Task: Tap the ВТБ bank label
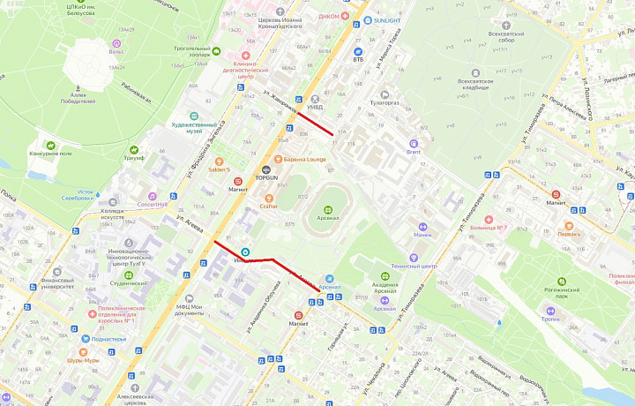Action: [x=358, y=60]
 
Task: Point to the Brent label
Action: [x=413, y=152]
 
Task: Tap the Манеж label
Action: [x=422, y=235]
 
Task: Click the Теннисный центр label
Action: [x=415, y=266]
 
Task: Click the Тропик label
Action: [x=550, y=319]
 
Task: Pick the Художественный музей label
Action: [x=194, y=127]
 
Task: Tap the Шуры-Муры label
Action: [x=85, y=360]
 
